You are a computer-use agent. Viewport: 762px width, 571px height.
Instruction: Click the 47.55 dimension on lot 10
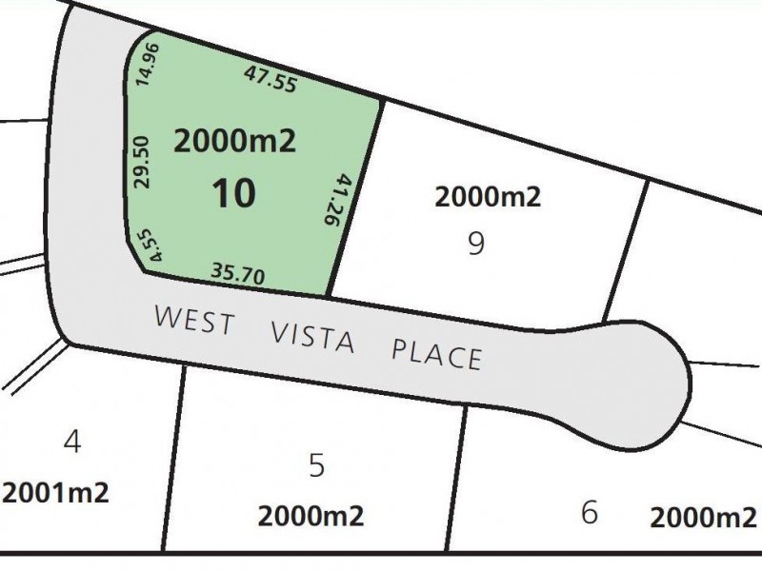271,78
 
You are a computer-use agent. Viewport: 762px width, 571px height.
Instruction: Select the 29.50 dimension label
144,161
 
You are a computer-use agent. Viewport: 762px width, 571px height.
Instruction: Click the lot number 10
233,194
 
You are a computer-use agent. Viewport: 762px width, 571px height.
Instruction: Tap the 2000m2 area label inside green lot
235,142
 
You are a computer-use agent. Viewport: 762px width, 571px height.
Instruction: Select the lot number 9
476,245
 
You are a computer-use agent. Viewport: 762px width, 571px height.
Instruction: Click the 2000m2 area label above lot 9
487,197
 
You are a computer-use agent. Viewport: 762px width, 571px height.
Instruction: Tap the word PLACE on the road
436,354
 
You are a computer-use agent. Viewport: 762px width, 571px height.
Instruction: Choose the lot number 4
70,443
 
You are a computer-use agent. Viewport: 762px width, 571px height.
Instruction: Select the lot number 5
317,466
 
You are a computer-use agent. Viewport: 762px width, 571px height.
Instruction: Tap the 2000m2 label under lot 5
311,517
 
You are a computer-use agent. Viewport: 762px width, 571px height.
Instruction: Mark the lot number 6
589,514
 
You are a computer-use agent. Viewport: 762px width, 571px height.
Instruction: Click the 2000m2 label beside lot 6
703,518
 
